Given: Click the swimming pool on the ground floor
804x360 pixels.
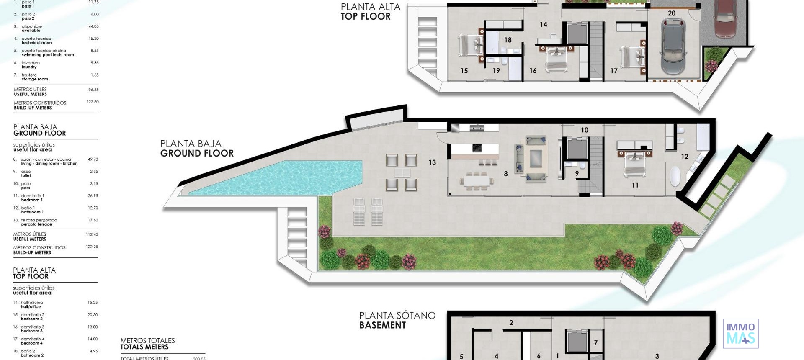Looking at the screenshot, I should (x=276, y=178).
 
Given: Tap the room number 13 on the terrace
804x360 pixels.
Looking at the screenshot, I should (x=432, y=162).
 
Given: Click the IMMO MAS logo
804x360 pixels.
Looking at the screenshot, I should (x=740, y=333).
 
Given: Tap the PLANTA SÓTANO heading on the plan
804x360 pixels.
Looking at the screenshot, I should (x=397, y=315).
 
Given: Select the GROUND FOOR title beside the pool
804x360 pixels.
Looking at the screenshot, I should (x=197, y=153).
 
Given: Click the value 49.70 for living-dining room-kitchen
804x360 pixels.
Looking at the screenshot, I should (x=93, y=159).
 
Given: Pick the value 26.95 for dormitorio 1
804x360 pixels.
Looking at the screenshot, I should (x=93, y=196).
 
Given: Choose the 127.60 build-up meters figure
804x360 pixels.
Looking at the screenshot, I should (x=93, y=102).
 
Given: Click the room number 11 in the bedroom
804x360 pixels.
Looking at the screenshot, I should (x=635, y=185).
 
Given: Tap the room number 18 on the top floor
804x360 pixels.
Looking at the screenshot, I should (x=508, y=40).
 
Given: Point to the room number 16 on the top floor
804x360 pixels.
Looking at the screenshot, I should (x=533, y=71).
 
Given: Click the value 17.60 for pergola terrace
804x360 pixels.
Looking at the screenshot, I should (x=93, y=220).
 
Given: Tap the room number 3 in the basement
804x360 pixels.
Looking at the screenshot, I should (x=657, y=356).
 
